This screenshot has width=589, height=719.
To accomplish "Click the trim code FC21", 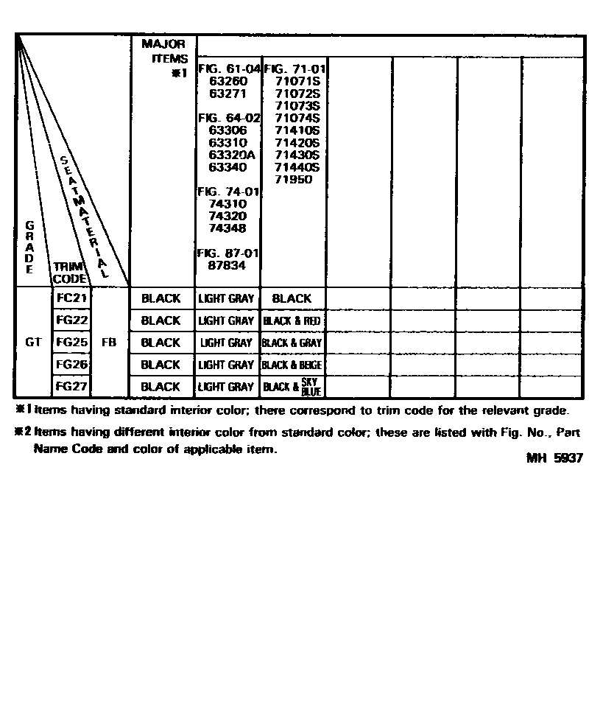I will point(72,298).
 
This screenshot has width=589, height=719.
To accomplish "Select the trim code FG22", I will point(72,320).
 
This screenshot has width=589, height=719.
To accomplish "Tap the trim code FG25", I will point(72,343).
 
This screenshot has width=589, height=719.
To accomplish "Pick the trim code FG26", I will point(72,365).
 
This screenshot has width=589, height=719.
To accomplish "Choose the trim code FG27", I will point(72,386).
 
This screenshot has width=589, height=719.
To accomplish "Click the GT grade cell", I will point(33,343).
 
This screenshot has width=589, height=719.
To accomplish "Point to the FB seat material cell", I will point(108,343).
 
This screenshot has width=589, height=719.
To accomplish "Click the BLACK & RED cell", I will point(292,320).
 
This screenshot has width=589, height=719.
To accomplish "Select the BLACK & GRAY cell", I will point(292,343).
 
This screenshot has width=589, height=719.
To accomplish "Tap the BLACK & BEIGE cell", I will point(292,365).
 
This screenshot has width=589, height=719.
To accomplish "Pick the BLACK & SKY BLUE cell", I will point(292,387).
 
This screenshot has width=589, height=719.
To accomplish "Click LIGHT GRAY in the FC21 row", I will point(226,298).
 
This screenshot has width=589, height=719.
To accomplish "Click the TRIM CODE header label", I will point(70,273).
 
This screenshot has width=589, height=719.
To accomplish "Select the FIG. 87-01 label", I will point(228,253).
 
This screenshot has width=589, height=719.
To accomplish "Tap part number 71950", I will point(293,180).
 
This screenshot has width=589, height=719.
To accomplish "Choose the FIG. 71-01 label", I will point(294,69).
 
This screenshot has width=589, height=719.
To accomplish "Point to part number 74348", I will point(228,228).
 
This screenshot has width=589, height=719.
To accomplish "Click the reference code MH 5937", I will point(554,457).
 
